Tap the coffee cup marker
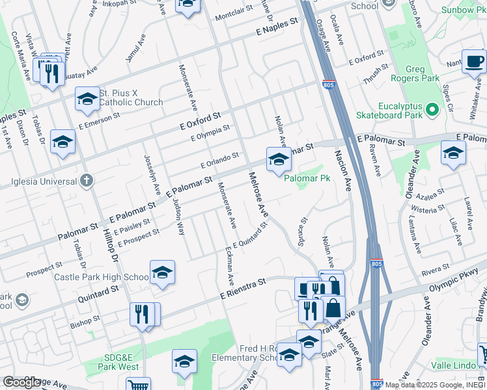point(474,61)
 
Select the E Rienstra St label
point(244,289)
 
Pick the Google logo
point(22,382)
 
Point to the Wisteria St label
point(428,209)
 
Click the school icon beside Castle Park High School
point(162,273)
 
